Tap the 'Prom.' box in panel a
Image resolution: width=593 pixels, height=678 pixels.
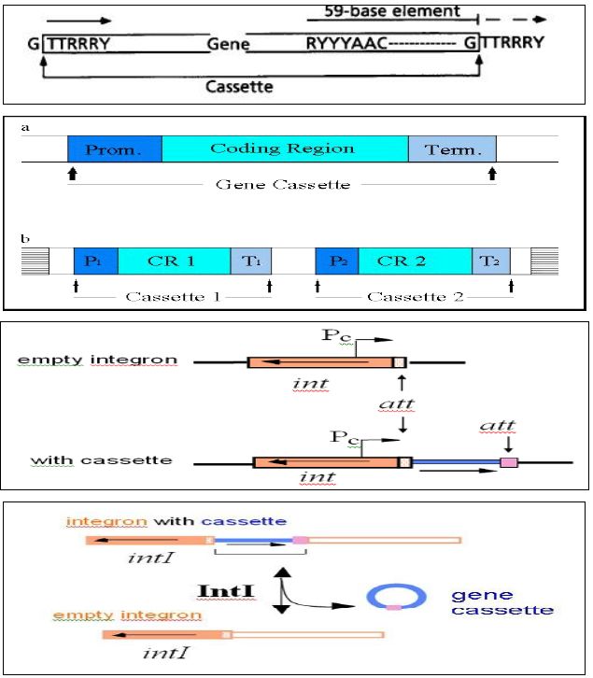coord(114,149)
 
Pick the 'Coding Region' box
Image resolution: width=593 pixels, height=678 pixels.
coord(282,148)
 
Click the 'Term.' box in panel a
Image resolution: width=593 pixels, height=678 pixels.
coord(451,149)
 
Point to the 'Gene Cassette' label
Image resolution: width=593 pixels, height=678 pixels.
coord(282,184)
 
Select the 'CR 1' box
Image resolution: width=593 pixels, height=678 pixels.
coord(174,261)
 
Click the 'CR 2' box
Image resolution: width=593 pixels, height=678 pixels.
coord(414,261)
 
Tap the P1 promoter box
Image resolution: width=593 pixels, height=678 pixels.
coord(95,261)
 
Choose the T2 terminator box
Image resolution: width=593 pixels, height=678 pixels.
coord(486,261)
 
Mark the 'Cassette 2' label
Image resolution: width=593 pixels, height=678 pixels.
coord(415,296)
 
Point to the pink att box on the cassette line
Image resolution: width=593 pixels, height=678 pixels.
coord(508,462)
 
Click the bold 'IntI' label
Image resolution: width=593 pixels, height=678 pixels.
coord(223,590)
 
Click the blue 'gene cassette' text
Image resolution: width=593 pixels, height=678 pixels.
coord(501,601)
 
